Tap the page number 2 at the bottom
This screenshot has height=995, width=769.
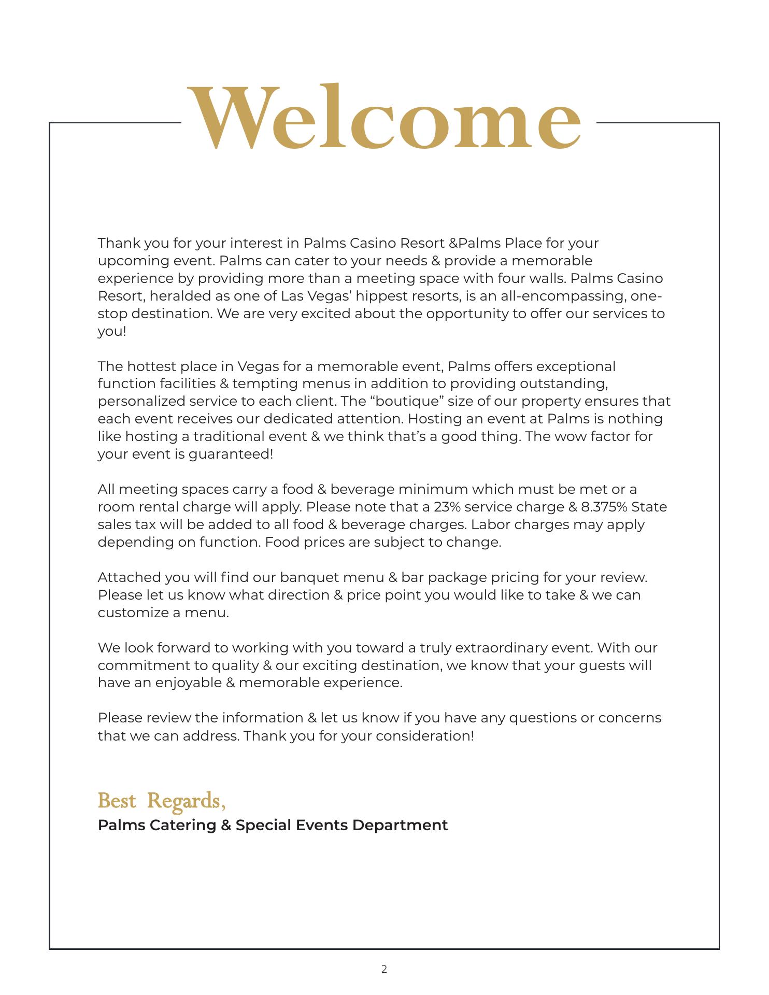tap(384, 969)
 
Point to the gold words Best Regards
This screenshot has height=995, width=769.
tap(161, 801)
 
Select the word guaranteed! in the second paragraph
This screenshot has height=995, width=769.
tap(231, 454)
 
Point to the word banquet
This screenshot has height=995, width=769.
tap(309, 577)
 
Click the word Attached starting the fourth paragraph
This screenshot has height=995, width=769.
tap(129, 577)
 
